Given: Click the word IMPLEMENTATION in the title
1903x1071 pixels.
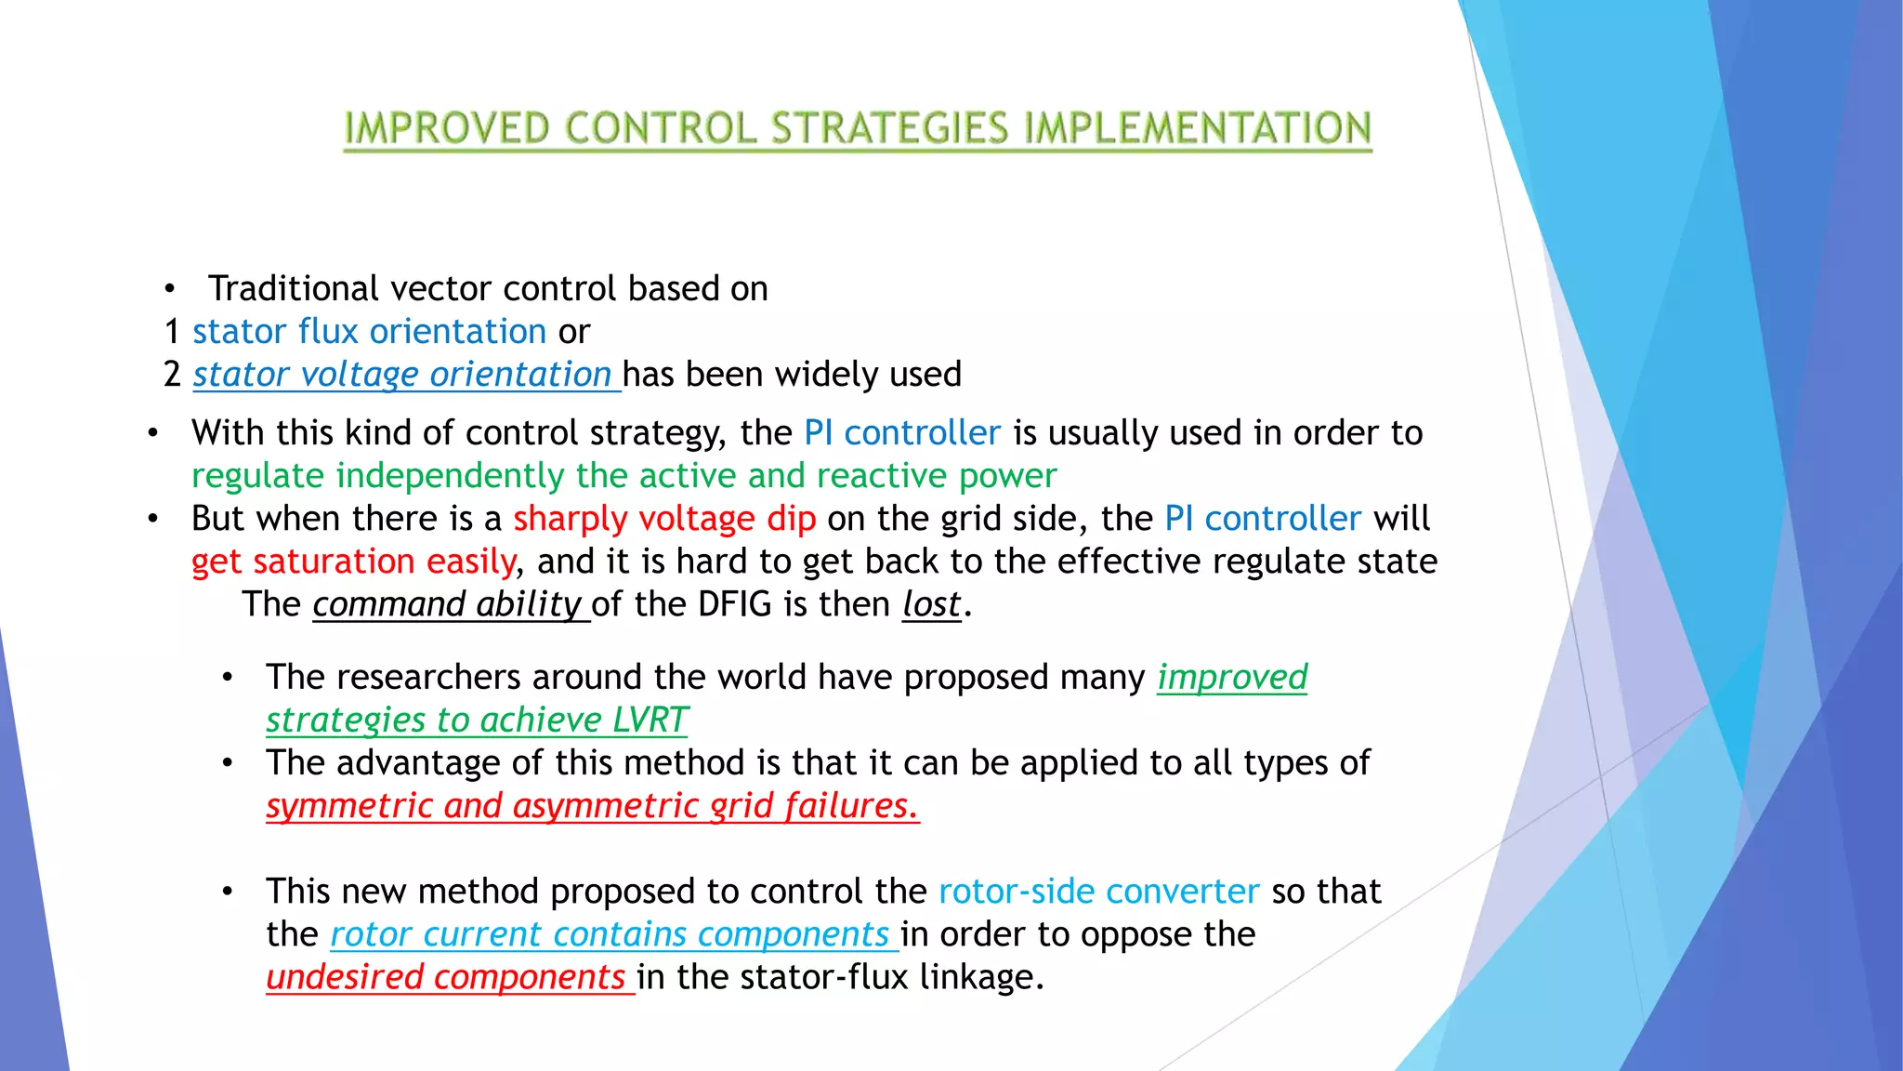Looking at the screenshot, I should [1197, 128].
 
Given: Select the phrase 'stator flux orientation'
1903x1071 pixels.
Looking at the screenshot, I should [369, 332].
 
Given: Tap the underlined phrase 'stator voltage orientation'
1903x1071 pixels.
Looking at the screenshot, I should [401, 375].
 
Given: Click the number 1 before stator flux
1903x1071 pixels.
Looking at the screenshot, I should [172, 332].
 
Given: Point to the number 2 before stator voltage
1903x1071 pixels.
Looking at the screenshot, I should [172, 375].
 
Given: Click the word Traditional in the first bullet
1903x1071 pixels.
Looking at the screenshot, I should [295, 289].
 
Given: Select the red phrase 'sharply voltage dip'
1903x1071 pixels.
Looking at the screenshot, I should [664, 519].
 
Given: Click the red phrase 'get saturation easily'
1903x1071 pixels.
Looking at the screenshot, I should [353, 562].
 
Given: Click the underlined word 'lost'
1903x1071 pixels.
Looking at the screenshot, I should [930, 605].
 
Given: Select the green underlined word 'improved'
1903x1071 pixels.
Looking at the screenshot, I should [1231, 678].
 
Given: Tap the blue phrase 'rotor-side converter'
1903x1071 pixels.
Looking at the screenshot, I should [1098, 892].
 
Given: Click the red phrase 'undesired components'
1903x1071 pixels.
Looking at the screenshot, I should [445, 977].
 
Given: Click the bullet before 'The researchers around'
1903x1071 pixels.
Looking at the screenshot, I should [228, 678].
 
